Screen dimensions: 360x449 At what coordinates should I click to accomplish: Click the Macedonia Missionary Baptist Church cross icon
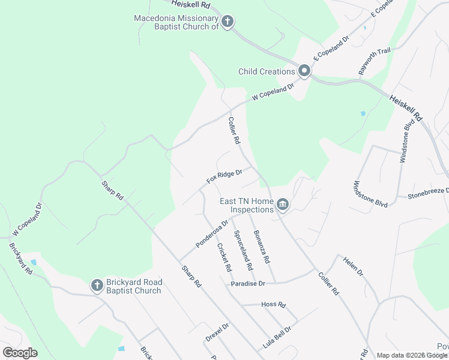228,23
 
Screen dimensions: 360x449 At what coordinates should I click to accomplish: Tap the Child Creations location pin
304,72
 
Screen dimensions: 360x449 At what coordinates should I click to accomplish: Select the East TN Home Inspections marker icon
283,206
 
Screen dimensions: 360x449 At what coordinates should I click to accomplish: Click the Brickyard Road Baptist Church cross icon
97,286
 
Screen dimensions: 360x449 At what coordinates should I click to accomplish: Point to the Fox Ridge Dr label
224,176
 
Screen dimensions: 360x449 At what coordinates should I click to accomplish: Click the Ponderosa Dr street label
212,235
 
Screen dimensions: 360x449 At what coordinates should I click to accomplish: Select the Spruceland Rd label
243,250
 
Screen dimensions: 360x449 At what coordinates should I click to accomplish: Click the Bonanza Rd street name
262,247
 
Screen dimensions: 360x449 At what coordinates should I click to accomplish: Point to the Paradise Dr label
247,284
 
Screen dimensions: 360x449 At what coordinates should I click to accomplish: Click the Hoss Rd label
273,304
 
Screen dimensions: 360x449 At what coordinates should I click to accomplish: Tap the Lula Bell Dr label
277,338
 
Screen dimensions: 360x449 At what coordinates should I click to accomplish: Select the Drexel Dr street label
217,332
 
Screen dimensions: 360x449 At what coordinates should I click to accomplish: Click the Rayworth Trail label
374,61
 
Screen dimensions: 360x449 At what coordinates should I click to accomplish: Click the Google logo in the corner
20,353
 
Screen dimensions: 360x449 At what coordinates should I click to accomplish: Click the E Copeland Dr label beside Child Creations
326,52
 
